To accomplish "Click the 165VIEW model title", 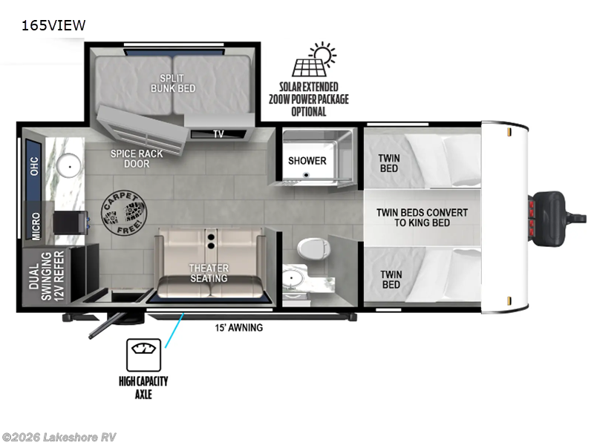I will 53,25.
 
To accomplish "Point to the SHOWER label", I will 307,160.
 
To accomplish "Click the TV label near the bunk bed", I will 218,134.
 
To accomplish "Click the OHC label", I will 34,166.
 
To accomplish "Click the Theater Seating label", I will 209,273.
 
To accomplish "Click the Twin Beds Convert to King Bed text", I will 422,217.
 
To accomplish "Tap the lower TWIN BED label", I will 391,280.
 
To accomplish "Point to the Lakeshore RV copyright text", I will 59,437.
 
